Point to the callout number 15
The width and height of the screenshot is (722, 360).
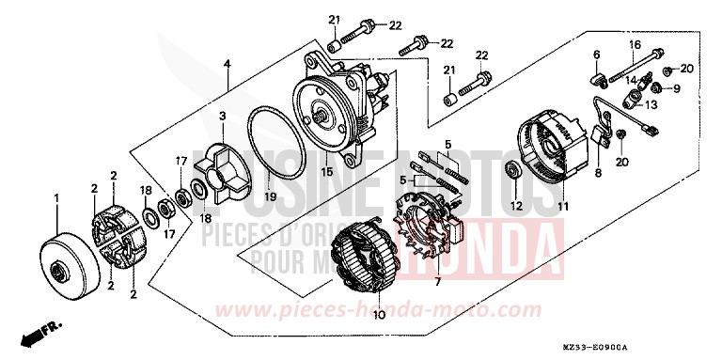coord(327,172)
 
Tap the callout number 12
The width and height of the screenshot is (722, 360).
coord(516,205)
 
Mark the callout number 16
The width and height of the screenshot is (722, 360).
coord(634,44)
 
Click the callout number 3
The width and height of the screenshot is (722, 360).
coord(222,117)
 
